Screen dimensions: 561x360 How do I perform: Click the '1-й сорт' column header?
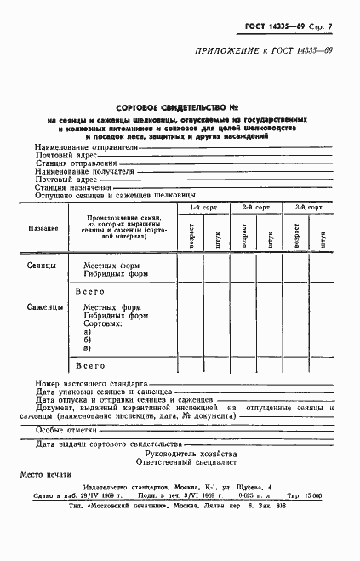pos(203,208)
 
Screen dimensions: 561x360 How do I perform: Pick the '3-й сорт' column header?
pos(308,208)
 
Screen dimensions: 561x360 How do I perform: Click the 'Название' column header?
pos(43,228)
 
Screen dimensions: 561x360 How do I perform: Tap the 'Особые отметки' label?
pos(66,431)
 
